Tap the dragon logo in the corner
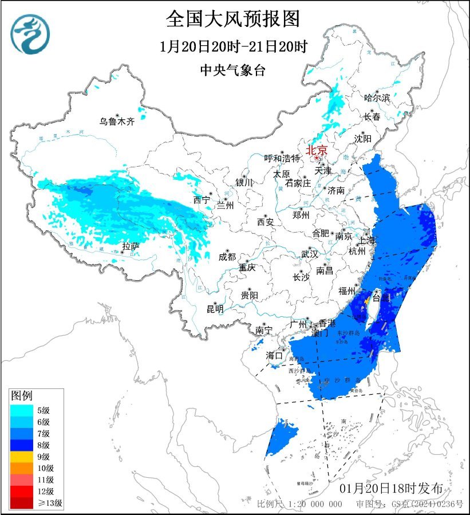coord(30,34)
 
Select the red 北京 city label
coord(316,150)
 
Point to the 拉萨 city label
coord(131,247)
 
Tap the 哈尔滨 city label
coord(377,98)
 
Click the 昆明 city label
coord(215,309)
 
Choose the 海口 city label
coord(274,355)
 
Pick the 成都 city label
coord(227,257)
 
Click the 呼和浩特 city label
coord(282,158)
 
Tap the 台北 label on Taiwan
coord(381,298)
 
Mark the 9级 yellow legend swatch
coord(22,457)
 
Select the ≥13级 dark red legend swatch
coord(22,504)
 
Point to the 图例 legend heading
coord(22,395)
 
